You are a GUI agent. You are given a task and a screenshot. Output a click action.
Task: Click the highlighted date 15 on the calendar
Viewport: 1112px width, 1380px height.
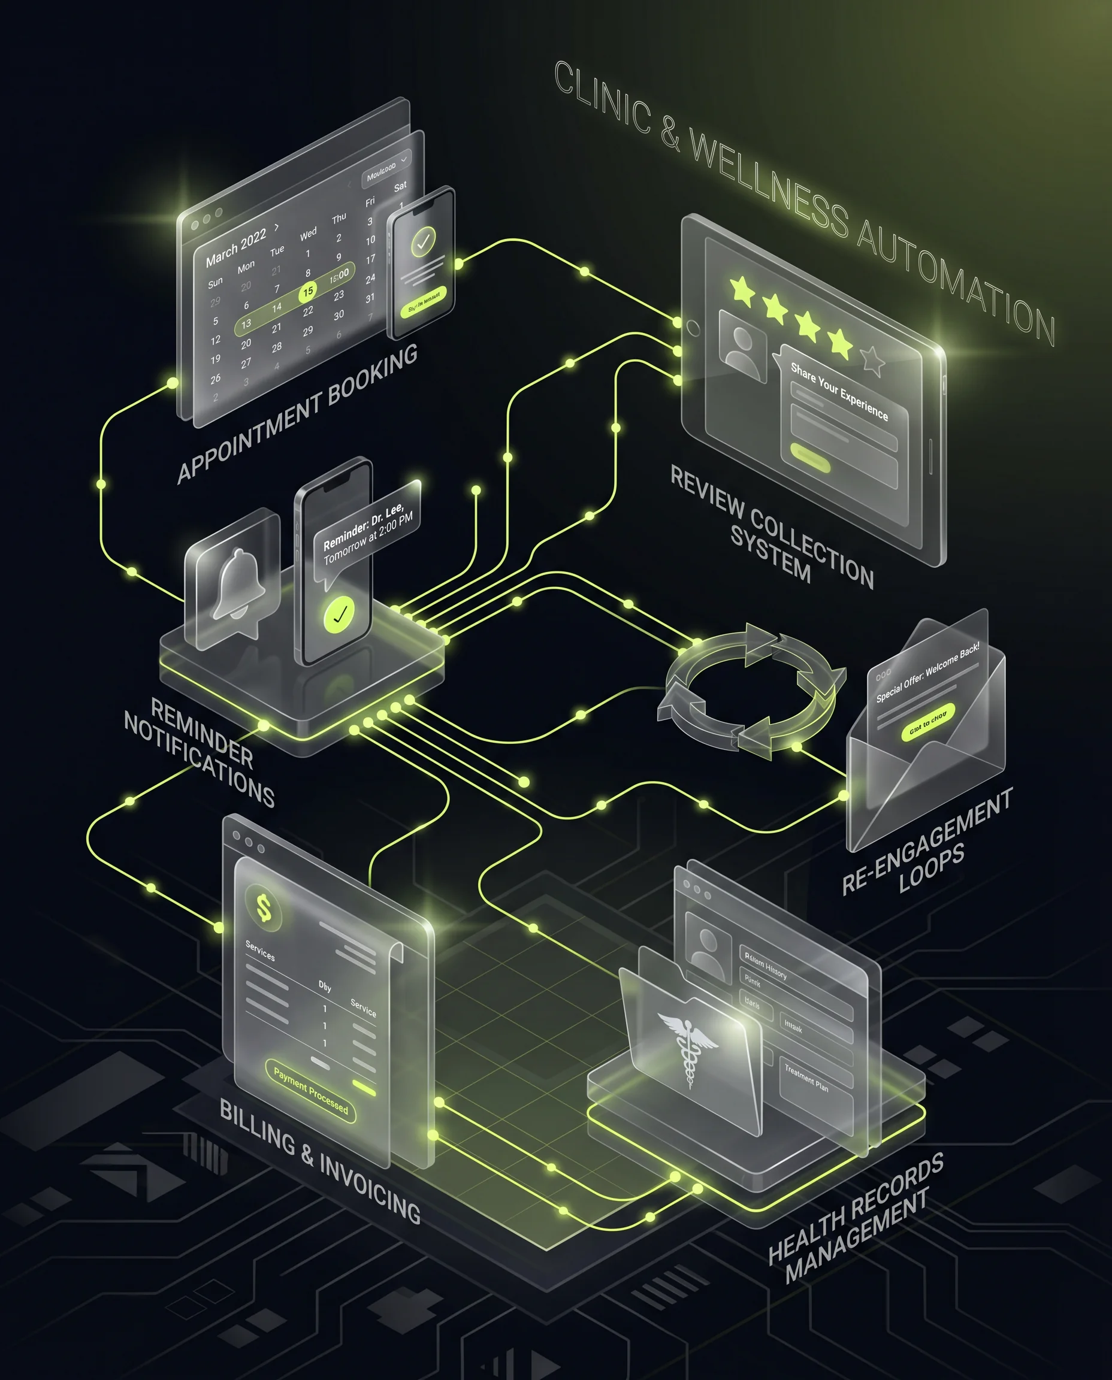[308, 291]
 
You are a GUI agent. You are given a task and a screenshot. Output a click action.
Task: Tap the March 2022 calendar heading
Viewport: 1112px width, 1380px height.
[235, 247]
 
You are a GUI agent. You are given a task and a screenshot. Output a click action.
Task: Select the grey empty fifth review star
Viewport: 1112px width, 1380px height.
[872, 361]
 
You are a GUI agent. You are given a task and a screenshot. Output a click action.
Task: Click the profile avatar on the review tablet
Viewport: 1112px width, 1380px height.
[742, 346]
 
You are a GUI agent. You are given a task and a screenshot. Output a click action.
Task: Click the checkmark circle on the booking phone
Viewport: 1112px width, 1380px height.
[423, 242]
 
